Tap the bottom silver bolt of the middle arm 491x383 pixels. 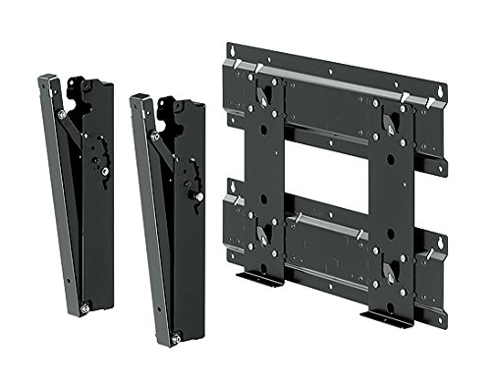176,339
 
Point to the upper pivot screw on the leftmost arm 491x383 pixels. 63,116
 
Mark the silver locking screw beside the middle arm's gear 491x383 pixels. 199,195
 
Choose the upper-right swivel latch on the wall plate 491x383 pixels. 390,123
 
